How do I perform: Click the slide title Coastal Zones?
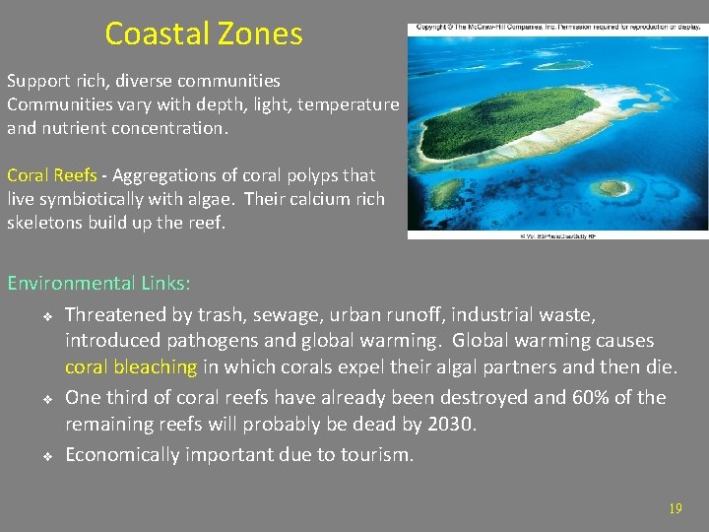click(204, 34)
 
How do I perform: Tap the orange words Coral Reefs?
click(51, 175)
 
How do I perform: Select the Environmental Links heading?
click(98, 284)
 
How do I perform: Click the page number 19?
click(675, 508)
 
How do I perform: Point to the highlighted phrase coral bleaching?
click(131, 367)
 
